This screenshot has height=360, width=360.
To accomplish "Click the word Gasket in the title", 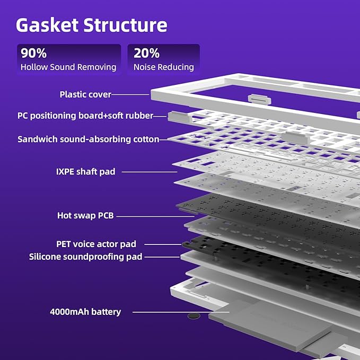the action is pyautogui.click(x=47, y=25).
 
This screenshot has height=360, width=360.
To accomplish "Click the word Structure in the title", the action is pyautogui.click(x=125, y=25).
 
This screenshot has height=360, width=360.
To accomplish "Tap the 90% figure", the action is pyautogui.click(x=33, y=53).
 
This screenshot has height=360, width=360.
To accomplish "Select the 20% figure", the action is pyautogui.click(x=146, y=53).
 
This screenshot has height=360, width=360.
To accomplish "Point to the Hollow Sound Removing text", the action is pyautogui.click(x=68, y=67).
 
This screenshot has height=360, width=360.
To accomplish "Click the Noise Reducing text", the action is pyautogui.click(x=164, y=67).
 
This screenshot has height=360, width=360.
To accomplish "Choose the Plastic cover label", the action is pyautogui.click(x=85, y=94).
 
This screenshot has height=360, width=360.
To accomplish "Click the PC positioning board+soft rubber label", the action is pyautogui.click(x=85, y=116).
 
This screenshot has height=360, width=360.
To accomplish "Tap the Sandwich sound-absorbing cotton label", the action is pyautogui.click(x=89, y=139).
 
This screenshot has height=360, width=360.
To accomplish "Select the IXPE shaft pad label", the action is pyautogui.click(x=86, y=171).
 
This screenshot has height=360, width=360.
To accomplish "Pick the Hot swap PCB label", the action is pyautogui.click(x=85, y=215).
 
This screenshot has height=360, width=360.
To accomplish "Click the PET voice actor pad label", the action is pyautogui.click(x=96, y=244).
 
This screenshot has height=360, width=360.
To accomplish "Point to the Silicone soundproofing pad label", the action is pyautogui.click(x=86, y=257).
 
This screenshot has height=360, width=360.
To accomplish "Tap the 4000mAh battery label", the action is pyautogui.click(x=85, y=312).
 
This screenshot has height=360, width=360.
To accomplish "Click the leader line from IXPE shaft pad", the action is pyautogui.click(x=150, y=172).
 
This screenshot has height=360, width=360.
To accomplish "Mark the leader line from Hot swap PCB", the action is pyautogui.click(x=155, y=216).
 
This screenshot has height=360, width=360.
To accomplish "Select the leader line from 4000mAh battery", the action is pyautogui.click(x=181, y=312).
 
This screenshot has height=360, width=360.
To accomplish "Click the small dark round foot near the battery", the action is pyautogui.click(x=194, y=316).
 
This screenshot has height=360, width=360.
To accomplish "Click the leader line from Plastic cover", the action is pyautogui.click(x=130, y=94).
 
